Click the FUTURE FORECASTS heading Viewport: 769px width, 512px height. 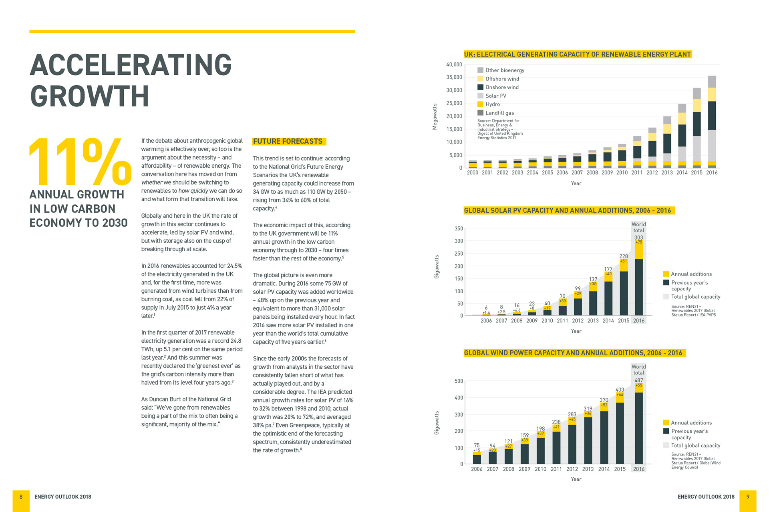point(288,141)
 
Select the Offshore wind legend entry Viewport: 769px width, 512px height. point(502,79)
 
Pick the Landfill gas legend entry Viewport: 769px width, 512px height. point(499,113)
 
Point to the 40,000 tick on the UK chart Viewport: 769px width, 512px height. point(454,64)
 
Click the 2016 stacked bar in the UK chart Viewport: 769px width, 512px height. point(712,122)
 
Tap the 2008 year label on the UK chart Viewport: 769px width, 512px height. point(592,173)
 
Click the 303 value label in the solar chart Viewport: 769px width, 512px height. point(638,237)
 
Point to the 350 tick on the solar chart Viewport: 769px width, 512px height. point(459,229)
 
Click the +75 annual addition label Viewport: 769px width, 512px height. point(638,242)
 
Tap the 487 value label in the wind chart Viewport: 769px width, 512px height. point(638,380)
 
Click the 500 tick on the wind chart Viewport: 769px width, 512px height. point(459,381)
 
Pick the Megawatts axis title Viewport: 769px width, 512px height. point(435,116)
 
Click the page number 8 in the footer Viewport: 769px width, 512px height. point(21,497)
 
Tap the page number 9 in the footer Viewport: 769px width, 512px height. point(747,497)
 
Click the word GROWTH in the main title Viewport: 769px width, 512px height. point(89,96)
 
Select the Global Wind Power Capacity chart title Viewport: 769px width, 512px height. point(573,353)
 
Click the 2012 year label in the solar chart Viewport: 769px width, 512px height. point(578,321)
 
